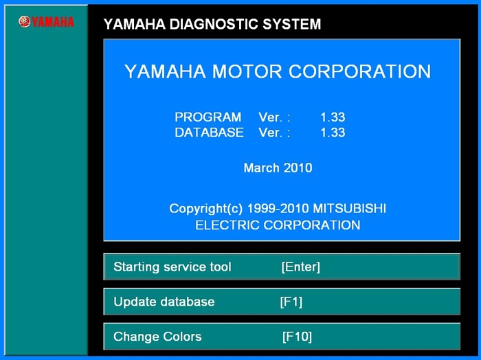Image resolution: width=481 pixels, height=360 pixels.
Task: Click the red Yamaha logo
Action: [46, 22]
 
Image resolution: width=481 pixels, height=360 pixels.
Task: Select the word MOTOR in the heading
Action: [247, 71]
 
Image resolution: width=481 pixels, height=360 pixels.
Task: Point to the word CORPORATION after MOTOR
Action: [360, 71]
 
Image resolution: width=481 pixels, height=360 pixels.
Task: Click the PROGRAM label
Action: [208, 117]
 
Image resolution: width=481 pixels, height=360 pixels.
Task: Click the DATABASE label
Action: [209, 133]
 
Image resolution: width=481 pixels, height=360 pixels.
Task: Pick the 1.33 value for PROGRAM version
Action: [333, 117]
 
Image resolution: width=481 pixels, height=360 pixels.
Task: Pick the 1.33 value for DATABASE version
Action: [333, 133]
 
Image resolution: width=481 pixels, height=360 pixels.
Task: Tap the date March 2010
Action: [278, 168]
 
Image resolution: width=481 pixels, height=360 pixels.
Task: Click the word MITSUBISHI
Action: [349, 209]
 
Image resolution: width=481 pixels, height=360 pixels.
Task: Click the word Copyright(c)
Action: [206, 209]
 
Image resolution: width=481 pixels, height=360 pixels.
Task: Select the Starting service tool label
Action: [172, 267]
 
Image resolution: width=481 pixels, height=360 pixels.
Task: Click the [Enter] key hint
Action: [301, 267]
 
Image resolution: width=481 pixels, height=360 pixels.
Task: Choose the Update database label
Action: [164, 302]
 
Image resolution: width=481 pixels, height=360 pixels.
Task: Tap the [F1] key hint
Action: [291, 302]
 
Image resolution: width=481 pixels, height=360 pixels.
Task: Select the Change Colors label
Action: [157, 337]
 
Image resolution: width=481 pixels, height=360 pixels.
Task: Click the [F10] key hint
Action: [297, 337]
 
